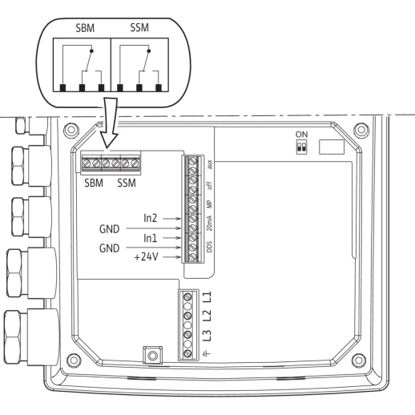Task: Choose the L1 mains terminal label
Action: click(207, 297)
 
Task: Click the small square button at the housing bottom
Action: click(149, 353)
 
